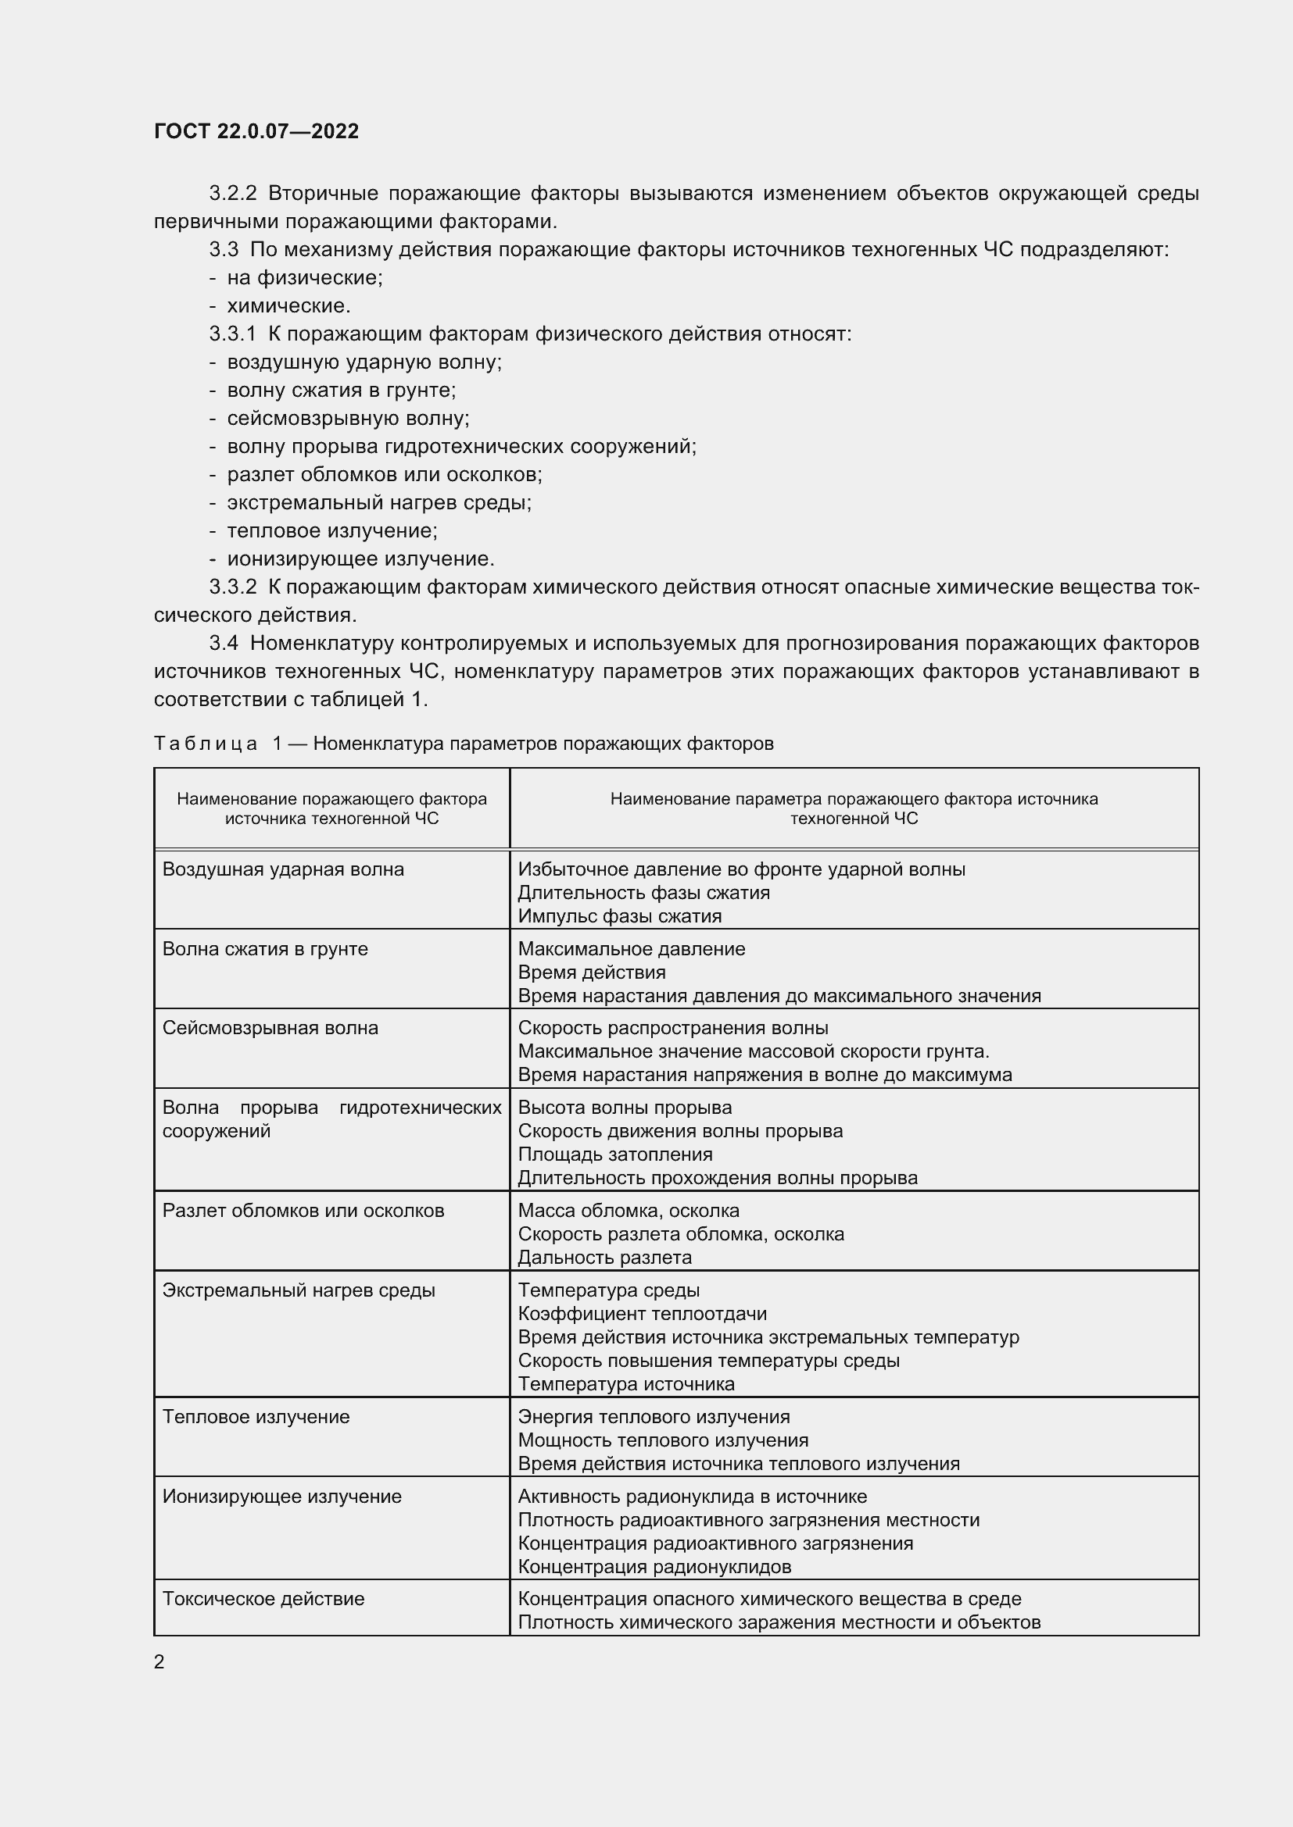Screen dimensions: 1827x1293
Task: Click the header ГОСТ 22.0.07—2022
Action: [256, 131]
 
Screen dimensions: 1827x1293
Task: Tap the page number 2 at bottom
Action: [159, 1661]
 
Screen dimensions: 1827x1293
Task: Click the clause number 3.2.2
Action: [232, 194]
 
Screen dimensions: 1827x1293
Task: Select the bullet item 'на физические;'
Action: [304, 278]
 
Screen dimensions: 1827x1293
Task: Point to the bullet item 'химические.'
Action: [288, 305]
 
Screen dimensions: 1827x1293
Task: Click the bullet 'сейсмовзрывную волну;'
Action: [348, 418]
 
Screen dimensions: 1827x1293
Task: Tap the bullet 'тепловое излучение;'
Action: [332, 530]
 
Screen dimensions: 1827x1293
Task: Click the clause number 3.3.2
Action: [232, 587]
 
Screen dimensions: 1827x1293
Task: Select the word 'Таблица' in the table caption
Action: [206, 743]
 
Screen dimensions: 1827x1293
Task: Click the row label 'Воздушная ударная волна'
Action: [283, 869]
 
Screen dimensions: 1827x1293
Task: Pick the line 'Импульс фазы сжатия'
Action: [619, 916]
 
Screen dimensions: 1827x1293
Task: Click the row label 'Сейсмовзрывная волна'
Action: [270, 1027]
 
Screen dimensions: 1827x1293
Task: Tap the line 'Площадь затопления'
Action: [614, 1154]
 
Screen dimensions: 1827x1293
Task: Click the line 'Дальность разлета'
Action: [604, 1258]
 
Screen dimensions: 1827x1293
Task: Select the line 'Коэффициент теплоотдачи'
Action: [642, 1314]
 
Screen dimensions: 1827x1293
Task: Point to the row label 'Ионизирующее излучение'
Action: [282, 1496]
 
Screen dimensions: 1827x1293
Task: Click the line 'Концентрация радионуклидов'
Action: [654, 1567]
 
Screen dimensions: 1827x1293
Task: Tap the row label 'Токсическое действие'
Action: [263, 1599]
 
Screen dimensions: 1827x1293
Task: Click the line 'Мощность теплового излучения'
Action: [662, 1440]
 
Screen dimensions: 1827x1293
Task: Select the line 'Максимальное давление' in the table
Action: [632, 948]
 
